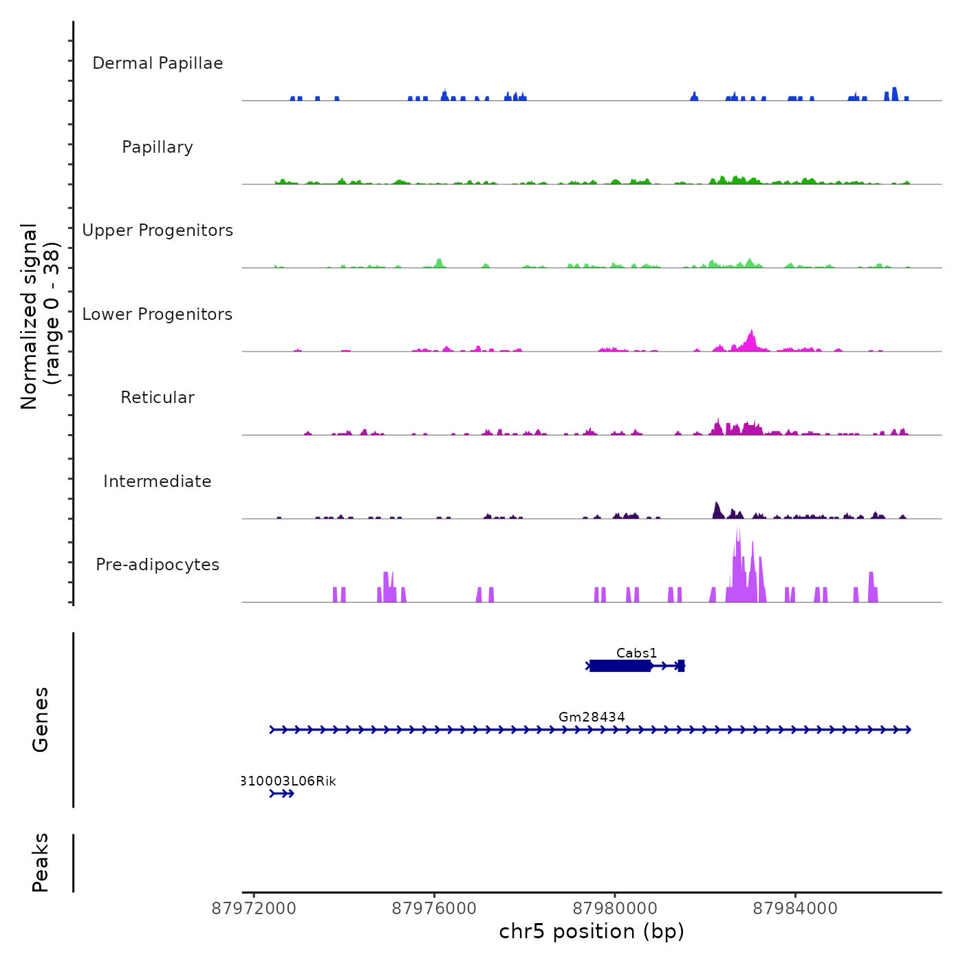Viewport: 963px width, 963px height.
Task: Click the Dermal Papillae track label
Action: point(158,63)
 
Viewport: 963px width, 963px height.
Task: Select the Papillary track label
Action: point(158,147)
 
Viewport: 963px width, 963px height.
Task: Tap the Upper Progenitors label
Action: point(158,230)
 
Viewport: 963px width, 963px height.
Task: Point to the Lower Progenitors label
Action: point(158,314)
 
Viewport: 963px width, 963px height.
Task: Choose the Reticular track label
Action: point(158,398)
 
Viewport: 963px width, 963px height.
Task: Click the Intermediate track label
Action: point(158,481)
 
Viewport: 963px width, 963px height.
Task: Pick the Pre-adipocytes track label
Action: point(158,565)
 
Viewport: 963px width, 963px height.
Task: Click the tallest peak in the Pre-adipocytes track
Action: point(738,533)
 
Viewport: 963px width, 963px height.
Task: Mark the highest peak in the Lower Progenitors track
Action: point(752,333)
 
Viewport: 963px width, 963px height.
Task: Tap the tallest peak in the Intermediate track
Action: point(716,505)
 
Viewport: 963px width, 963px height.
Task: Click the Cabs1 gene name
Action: point(636,653)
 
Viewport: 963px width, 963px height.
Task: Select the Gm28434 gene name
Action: point(592,717)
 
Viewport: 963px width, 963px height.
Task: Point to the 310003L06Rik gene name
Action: point(289,781)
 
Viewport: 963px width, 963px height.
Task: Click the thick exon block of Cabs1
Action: point(620,666)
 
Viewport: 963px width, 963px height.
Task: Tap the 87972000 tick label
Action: point(254,909)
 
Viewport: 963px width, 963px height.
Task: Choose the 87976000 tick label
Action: point(434,909)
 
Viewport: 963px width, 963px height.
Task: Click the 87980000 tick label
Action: point(615,909)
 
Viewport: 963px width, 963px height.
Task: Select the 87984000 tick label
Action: point(795,909)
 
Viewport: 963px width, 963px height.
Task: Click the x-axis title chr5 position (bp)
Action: point(592,932)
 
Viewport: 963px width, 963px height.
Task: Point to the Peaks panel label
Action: point(41,863)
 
